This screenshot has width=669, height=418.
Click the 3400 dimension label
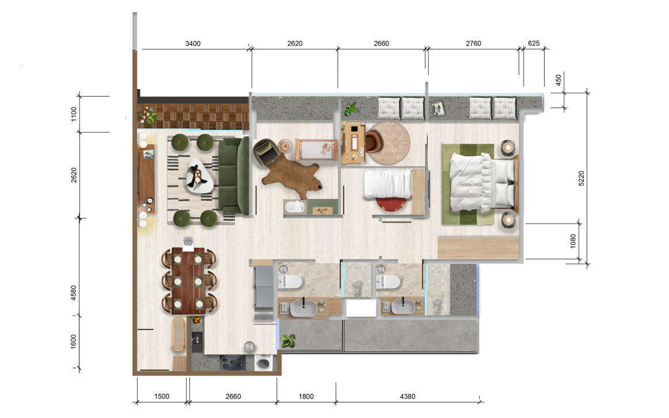point(193,44)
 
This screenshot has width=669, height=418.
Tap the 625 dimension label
point(534,43)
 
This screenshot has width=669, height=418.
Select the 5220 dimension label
point(581,178)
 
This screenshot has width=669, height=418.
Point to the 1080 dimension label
point(573,241)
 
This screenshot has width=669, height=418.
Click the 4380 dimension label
point(408,396)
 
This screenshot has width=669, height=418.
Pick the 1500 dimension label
point(162,396)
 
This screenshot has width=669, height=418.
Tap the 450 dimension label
point(558,80)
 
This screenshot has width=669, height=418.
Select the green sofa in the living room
point(233,175)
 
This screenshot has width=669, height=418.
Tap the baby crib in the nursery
point(316,149)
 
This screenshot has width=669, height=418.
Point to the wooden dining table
point(188,281)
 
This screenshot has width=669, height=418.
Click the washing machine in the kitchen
point(264,363)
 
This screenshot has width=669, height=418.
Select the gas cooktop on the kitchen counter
point(233,363)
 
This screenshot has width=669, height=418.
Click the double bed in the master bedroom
point(484,183)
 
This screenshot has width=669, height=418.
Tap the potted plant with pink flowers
point(147,115)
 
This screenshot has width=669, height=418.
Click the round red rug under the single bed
point(390,204)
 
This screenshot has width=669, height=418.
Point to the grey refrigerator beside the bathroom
point(264,293)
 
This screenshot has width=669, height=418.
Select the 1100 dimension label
point(74,114)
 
